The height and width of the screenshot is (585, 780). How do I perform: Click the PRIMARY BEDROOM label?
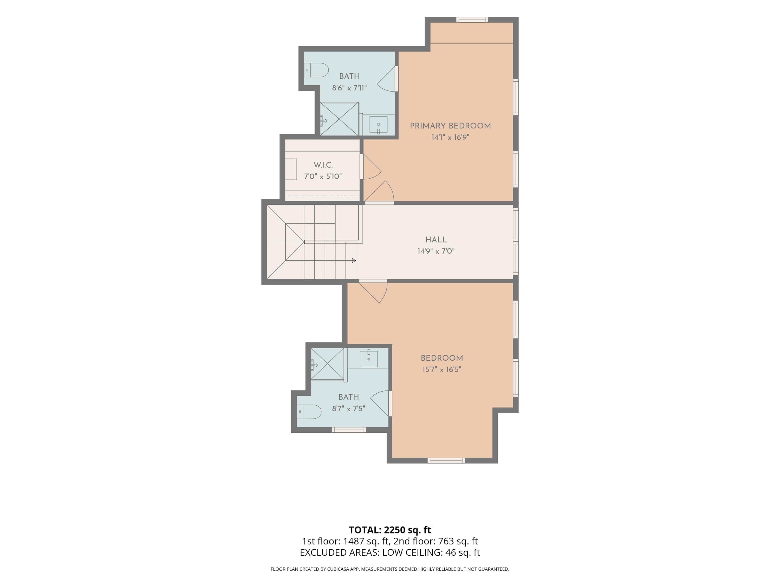coord(450,126)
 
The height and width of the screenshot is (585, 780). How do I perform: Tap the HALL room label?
coord(436,240)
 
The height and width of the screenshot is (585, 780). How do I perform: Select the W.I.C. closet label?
coord(323,165)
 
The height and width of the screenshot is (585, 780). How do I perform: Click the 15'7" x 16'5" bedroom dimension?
coord(442,369)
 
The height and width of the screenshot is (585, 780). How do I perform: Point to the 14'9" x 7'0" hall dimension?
coord(436,251)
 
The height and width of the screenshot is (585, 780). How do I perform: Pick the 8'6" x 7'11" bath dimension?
coord(349,88)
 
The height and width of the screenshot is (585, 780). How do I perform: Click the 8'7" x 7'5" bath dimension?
coord(348,409)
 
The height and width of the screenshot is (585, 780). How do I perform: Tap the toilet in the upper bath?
coord(316,70)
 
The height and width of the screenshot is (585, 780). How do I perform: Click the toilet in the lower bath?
coord(309,412)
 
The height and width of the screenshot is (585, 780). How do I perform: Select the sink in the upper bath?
coord(378,125)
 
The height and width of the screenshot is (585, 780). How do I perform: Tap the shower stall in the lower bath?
coord(327,364)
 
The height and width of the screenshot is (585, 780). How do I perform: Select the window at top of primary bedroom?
coord(472,20)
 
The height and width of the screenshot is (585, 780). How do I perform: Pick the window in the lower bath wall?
coord(349,430)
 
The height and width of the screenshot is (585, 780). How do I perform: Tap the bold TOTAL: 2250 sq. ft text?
coord(390,530)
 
